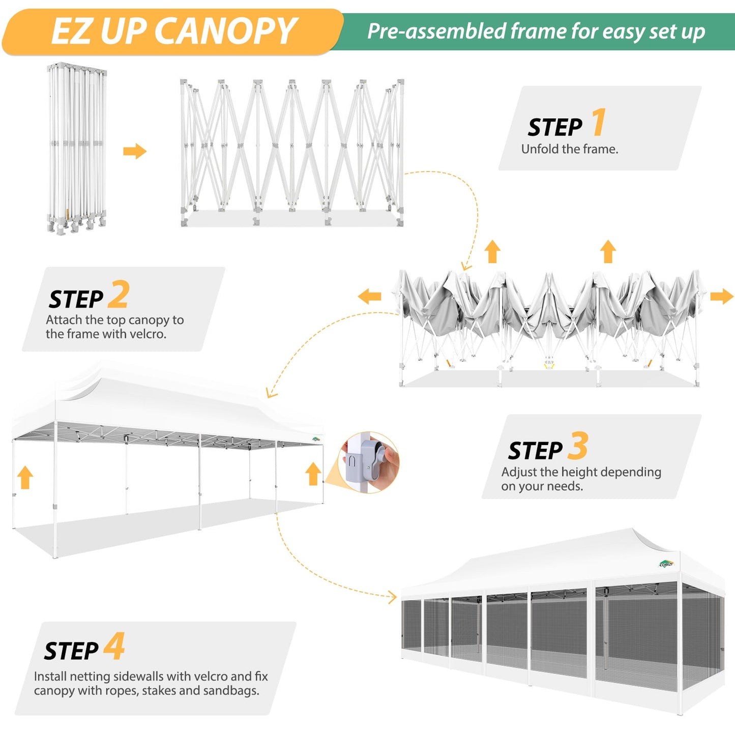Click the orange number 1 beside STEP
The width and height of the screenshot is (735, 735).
click(599, 123)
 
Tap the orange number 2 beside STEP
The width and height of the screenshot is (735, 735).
click(119, 295)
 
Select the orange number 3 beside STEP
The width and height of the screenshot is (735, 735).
click(578, 446)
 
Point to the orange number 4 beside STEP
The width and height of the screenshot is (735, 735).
click(114, 646)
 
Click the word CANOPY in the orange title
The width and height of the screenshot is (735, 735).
click(225, 32)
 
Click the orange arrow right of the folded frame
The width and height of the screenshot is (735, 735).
click(135, 151)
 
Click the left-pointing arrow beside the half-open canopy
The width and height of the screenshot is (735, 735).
click(369, 296)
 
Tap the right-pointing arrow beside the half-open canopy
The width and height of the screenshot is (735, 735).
click(722, 296)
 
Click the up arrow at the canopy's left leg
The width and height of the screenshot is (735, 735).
click(25, 478)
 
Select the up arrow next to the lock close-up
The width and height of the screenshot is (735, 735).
click(313, 473)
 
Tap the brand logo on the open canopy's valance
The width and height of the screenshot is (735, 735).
click(316, 438)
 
